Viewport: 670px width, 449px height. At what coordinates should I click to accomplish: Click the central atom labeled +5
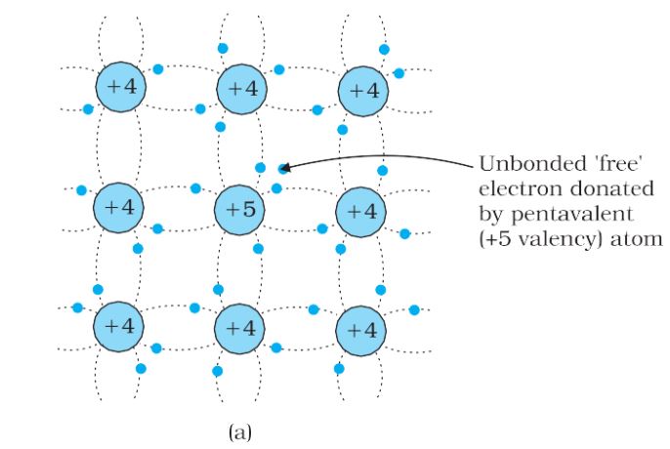pyautogui.click(x=239, y=210)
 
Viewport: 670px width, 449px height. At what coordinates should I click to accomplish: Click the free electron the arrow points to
pyautogui.click(x=283, y=169)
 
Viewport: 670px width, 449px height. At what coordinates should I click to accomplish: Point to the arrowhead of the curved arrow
pyautogui.click(x=285, y=167)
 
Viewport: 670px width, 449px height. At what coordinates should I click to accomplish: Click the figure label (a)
pyautogui.click(x=240, y=432)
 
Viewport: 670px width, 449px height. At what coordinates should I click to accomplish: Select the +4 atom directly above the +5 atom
pyautogui.click(x=242, y=90)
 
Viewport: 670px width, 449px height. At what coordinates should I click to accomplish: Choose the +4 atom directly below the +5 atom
pyautogui.click(x=239, y=329)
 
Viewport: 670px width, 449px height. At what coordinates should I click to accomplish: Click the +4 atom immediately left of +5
pyautogui.click(x=119, y=208)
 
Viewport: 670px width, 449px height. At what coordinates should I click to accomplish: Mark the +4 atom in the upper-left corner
pyautogui.click(x=121, y=87)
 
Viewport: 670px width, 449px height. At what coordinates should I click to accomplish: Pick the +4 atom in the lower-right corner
pyautogui.click(x=361, y=331)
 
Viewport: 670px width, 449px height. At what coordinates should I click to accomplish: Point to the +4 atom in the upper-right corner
pyautogui.click(x=363, y=92)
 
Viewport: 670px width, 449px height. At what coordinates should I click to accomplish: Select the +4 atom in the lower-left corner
pyautogui.click(x=119, y=327)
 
